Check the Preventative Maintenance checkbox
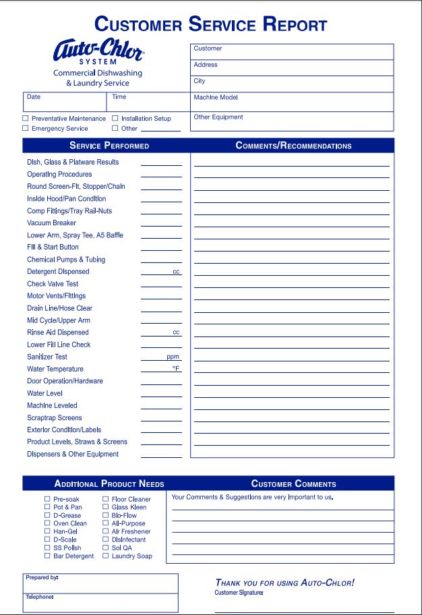click(x=26, y=118)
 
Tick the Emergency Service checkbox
click(x=26, y=128)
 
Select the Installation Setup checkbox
click(x=115, y=118)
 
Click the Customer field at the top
click(x=291, y=52)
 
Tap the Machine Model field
click(x=291, y=101)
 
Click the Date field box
click(x=65, y=101)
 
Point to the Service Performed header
click(x=109, y=146)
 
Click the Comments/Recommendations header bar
click(x=293, y=146)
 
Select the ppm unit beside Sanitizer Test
click(x=173, y=357)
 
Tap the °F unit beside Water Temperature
click(x=175, y=369)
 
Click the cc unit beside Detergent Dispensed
click(x=176, y=272)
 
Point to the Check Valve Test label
click(x=53, y=284)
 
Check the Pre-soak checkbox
click(x=47, y=499)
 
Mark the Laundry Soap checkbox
click(x=106, y=556)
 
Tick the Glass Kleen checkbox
click(x=106, y=507)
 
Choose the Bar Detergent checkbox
click(x=47, y=556)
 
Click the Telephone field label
click(x=39, y=597)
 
